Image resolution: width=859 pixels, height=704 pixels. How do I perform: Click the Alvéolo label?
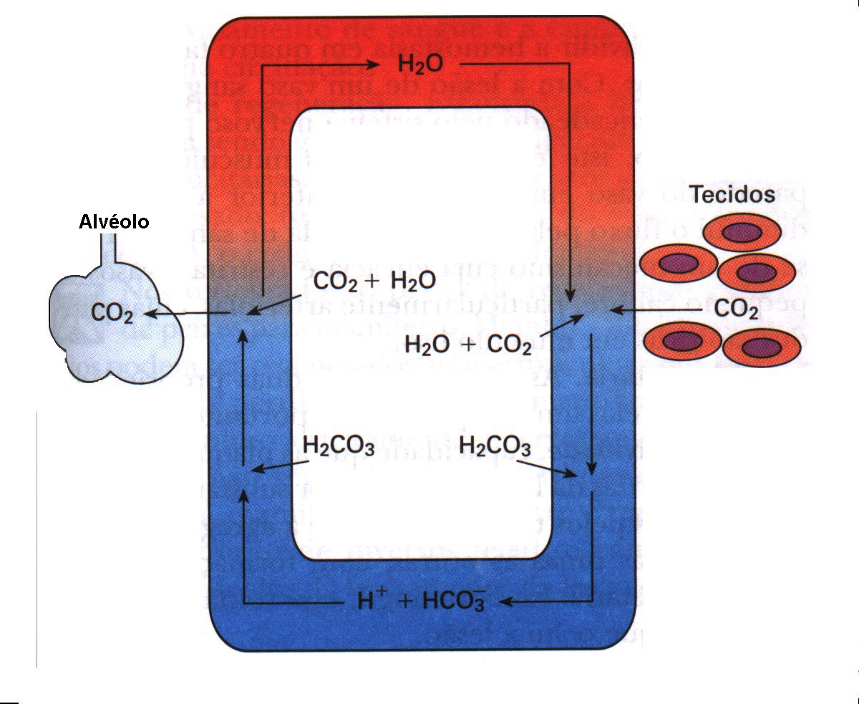click(113, 222)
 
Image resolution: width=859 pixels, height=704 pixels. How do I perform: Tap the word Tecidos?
click(732, 194)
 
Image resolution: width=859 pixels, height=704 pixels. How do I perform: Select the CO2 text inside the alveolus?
click(112, 313)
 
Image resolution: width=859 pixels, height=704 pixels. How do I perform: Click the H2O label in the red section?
click(420, 65)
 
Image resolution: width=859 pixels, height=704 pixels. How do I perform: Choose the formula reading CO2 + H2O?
click(374, 281)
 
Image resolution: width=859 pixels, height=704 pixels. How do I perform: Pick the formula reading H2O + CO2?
click(468, 345)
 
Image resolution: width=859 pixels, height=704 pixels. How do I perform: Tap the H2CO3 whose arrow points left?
click(339, 446)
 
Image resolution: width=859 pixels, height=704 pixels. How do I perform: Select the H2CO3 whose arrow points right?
click(495, 446)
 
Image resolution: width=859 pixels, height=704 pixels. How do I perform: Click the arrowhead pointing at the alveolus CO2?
click(150, 313)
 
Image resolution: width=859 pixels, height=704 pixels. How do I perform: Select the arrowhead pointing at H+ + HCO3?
click(504, 602)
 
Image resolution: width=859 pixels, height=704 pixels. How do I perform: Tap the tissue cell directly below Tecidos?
click(741, 233)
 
